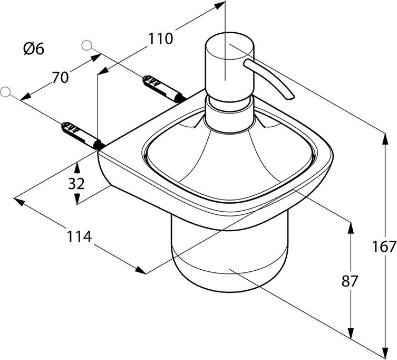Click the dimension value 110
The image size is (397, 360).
click(x=161, y=39)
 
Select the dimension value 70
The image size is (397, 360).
click(x=60, y=77)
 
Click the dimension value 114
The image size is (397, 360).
click(x=80, y=237)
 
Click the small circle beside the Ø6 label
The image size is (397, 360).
click(x=88, y=45)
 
